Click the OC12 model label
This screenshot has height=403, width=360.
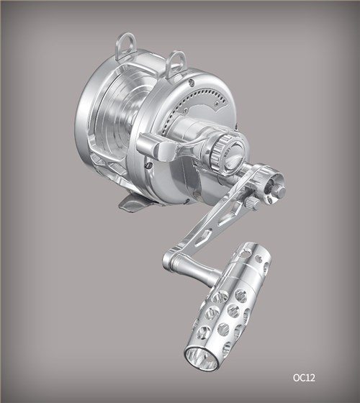pos(304,378)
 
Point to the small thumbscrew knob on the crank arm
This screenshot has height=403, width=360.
pos(253,203)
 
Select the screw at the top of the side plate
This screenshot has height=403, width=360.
pos(191,81)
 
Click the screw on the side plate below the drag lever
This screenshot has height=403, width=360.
pos(148,166)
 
